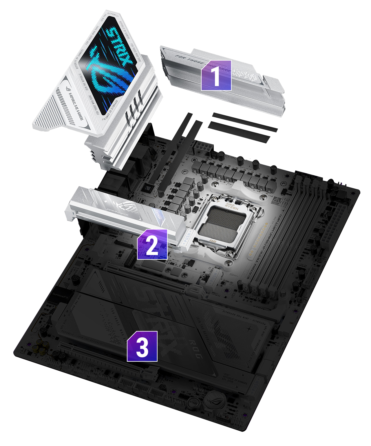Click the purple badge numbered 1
pos(216,75)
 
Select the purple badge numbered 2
pos(152,244)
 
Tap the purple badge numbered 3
pos(142,346)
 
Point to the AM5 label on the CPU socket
pos(214,241)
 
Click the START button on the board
pos(193,403)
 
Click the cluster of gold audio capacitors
pos(42,346)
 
